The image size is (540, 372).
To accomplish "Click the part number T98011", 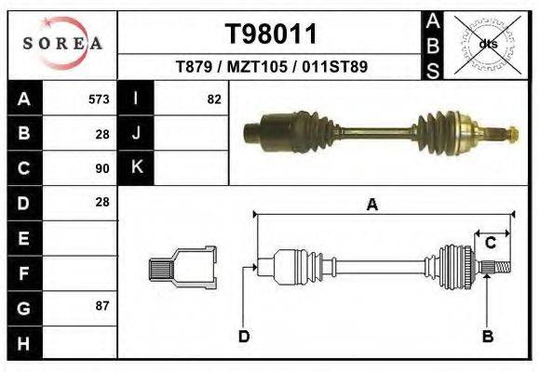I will coord(272,34).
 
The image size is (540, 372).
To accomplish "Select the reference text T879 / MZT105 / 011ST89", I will coord(272,67).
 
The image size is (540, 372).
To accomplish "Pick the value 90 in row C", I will coord(102,168).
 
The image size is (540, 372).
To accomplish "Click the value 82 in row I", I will coord(214,100).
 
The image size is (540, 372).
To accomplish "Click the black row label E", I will coord(24,238).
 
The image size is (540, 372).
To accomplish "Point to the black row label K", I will coord(136,168).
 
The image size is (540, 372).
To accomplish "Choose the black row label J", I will coord(136,134).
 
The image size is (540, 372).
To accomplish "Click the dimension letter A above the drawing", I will coord(371,206).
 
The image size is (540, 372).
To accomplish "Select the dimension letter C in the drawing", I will coord(490,243).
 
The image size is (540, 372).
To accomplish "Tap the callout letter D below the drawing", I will coord(243,336).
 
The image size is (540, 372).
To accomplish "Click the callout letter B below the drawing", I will coord(487,336).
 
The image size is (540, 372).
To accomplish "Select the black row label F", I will coord(24,272).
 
